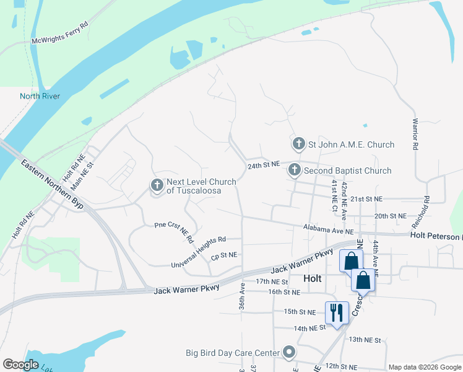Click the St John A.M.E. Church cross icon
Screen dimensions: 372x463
298,144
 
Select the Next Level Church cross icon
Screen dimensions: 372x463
157,185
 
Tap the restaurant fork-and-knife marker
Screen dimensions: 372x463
337,312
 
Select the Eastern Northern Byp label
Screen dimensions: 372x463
52,185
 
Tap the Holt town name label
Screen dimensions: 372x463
313,279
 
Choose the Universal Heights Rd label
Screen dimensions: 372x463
198,252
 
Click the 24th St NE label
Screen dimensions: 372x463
264,166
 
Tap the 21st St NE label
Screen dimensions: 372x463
366,199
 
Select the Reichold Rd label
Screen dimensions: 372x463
427,208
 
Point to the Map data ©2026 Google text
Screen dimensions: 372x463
424,367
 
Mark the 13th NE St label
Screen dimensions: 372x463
365,340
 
